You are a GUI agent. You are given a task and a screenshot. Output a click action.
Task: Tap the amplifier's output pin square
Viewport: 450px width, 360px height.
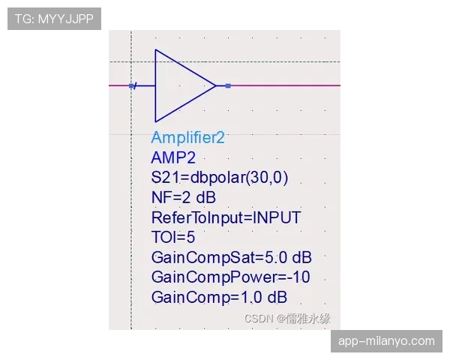pyautogui.click(x=228, y=85)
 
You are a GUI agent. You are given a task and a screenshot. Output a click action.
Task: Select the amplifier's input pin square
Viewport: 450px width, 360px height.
pyautogui.click(x=131, y=85)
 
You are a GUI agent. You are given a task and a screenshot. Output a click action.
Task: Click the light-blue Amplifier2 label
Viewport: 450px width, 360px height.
pyautogui.click(x=188, y=137)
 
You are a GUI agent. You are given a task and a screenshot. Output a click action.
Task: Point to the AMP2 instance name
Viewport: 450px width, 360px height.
pyautogui.click(x=173, y=157)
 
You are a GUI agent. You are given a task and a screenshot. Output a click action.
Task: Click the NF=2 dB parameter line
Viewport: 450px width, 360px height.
pyautogui.click(x=184, y=197)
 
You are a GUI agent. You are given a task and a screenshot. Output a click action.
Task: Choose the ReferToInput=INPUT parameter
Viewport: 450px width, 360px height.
pyautogui.click(x=226, y=217)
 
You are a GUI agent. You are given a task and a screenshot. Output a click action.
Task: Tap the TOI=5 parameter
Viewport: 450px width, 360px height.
pyautogui.click(x=173, y=238)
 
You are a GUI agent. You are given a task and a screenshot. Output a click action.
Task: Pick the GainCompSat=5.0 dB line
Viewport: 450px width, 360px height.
pyautogui.click(x=231, y=257)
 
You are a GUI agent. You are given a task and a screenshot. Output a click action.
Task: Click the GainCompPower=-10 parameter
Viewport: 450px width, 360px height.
pyautogui.click(x=231, y=277)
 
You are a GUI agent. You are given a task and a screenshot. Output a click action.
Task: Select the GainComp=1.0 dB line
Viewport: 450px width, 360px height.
pyautogui.click(x=219, y=297)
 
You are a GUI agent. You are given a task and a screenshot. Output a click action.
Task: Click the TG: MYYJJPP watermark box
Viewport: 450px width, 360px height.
pyautogui.click(x=54, y=19)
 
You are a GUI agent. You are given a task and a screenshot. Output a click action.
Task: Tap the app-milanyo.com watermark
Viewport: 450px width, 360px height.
pyautogui.click(x=386, y=341)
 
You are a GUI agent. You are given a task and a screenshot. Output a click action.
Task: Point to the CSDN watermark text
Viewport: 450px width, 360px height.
pyautogui.click(x=287, y=319)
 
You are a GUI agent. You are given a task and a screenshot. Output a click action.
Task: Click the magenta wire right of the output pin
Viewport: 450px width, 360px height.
pyautogui.click(x=286, y=85)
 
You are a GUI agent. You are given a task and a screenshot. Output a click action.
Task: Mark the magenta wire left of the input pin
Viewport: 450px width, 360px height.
pyautogui.click(x=118, y=85)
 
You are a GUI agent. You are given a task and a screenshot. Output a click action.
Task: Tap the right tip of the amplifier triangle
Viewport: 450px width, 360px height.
pyautogui.click(x=216, y=85)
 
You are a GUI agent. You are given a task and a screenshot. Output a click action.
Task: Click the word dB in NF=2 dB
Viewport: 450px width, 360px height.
pyautogui.click(x=205, y=197)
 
